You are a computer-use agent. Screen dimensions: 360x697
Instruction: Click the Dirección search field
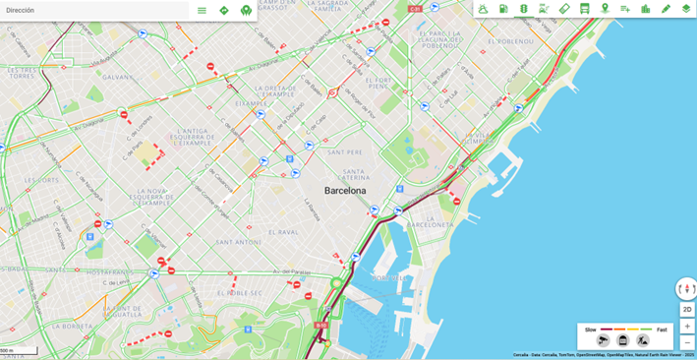tap(93, 10)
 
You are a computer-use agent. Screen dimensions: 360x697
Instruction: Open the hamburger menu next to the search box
tap(202, 10)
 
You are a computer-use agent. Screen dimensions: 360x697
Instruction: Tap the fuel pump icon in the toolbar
tap(503, 9)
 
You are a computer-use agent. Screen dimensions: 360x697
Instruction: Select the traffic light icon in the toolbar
tap(524, 9)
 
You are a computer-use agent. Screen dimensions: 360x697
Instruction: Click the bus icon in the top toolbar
tap(585, 9)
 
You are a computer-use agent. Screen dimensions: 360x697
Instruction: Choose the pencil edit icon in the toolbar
tap(666, 9)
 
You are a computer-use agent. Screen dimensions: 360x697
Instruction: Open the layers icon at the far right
tap(686, 9)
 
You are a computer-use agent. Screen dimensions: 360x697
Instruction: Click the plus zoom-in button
tap(687, 326)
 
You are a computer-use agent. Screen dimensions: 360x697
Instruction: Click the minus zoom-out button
tap(687, 342)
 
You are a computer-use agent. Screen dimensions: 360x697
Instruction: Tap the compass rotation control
tap(686, 288)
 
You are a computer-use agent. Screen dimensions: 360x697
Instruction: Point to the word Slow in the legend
tap(591, 330)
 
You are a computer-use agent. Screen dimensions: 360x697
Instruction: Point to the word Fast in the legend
tap(662, 330)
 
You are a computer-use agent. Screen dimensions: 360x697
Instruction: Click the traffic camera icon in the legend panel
tap(603, 341)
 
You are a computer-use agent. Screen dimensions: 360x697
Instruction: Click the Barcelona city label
tap(345, 191)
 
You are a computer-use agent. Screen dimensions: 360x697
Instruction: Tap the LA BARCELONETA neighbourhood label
tap(431, 224)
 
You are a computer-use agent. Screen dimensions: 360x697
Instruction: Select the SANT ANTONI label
tap(239, 242)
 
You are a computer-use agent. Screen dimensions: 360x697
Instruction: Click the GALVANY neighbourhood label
tap(117, 77)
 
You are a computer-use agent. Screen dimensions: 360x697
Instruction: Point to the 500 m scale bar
tap(18, 351)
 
